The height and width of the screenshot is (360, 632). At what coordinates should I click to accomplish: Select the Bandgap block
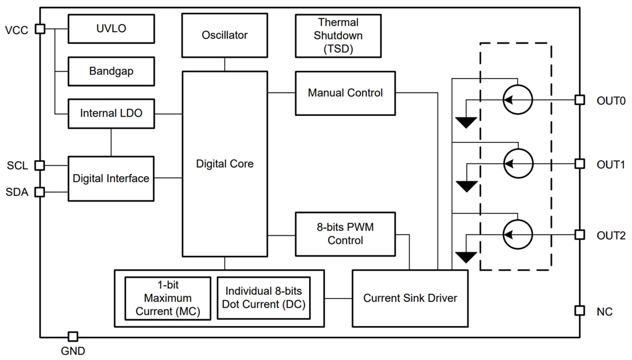[111, 71]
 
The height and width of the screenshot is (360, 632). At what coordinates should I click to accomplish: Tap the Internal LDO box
[111, 114]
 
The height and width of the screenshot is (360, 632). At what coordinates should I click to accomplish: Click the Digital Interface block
[111, 178]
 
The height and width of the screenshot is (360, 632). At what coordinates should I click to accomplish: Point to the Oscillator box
[225, 35]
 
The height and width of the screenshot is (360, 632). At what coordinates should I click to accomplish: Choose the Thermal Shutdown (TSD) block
[338, 36]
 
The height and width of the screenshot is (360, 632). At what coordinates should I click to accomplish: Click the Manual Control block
[345, 93]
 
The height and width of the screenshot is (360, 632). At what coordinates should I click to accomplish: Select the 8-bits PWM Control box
[345, 234]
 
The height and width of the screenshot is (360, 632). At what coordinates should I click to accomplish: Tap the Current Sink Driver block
[410, 298]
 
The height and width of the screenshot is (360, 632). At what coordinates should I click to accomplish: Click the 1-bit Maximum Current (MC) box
[168, 299]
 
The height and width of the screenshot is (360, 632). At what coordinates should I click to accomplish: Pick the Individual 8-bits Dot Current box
[264, 299]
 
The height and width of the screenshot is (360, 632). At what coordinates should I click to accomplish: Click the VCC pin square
[40, 29]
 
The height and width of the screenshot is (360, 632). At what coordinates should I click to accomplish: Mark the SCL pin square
[40, 165]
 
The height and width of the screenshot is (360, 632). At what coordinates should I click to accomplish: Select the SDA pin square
[40, 192]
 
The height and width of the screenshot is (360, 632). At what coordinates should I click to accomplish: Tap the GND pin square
[73, 336]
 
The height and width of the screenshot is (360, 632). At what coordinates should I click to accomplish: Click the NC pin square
[580, 311]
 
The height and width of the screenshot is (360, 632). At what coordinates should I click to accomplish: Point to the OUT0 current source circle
[518, 100]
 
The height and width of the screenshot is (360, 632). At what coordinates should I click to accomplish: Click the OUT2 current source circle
[518, 234]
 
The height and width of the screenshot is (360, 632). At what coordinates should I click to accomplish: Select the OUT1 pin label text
[611, 164]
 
